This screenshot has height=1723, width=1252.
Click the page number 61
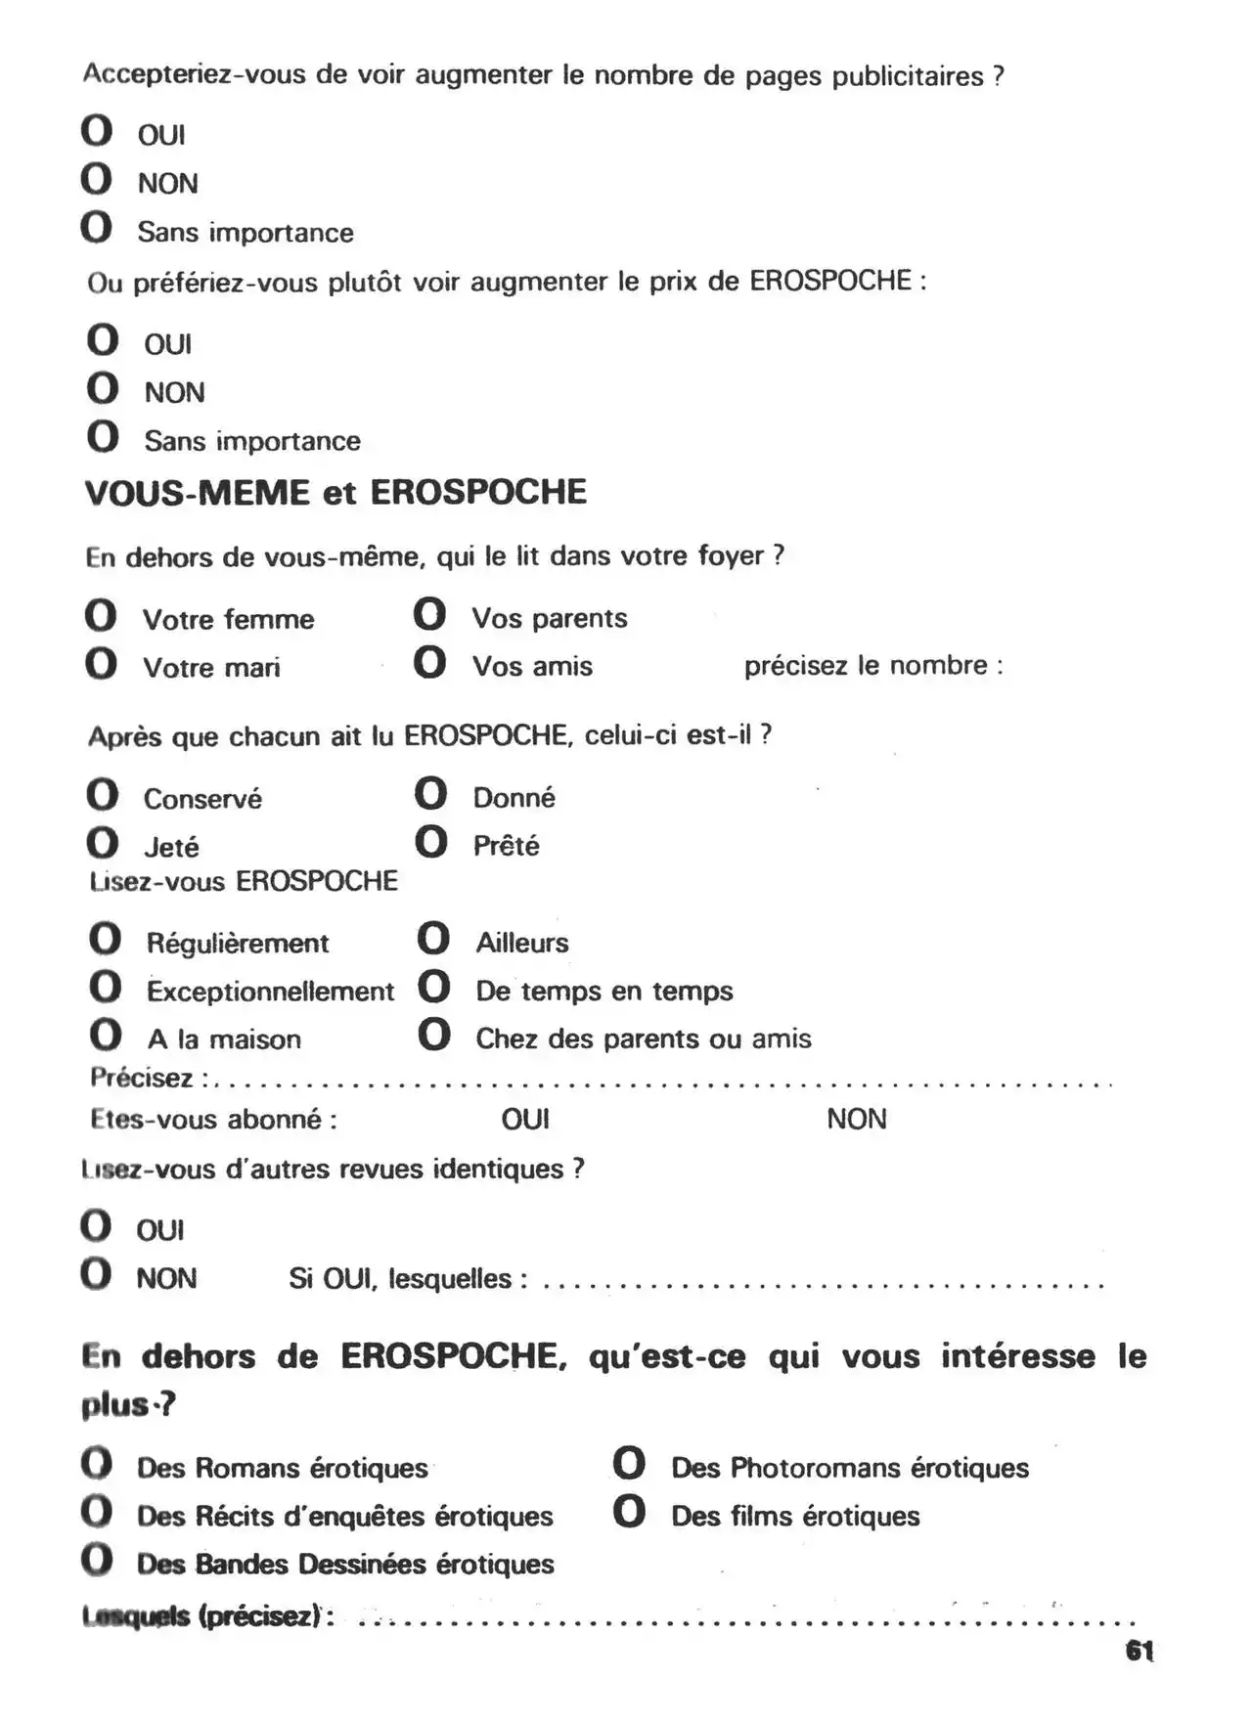pyautogui.click(x=1140, y=1651)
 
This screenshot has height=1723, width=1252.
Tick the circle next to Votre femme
pyautogui.click(x=101, y=616)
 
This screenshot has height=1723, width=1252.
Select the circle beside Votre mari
pyautogui.click(x=101, y=664)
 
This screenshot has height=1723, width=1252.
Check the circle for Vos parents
pyautogui.click(x=429, y=615)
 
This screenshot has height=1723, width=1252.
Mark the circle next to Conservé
pyautogui.click(x=102, y=795)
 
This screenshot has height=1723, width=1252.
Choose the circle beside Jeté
pyautogui.click(x=102, y=843)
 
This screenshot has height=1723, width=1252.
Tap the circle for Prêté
pyautogui.click(x=430, y=842)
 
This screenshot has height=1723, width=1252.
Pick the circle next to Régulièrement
pyautogui.click(x=105, y=940)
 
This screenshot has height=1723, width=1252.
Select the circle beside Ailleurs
pyautogui.click(x=433, y=939)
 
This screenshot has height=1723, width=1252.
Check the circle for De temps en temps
pyautogui.click(x=433, y=987)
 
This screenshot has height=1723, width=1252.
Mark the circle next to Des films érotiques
pyautogui.click(x=629, y=1513)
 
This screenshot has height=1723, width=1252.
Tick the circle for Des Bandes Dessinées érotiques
pyautogui.click(x=97, y=1560)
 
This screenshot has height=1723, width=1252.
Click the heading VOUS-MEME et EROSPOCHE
pyautogui.click(x=335, y=492)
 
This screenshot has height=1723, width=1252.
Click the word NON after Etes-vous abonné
pyautogui.click(x=857, y=1119)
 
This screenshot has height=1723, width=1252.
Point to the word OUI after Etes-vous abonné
pyautogui.click(x=525, y=1119)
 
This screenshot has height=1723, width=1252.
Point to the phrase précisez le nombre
pyautogui.click(x=872, y=666)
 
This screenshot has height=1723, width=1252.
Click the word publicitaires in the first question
pyautogui.click(x=907, y=76)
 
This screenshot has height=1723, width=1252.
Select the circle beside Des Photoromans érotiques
pyautogui.click(x=629, y=1464)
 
